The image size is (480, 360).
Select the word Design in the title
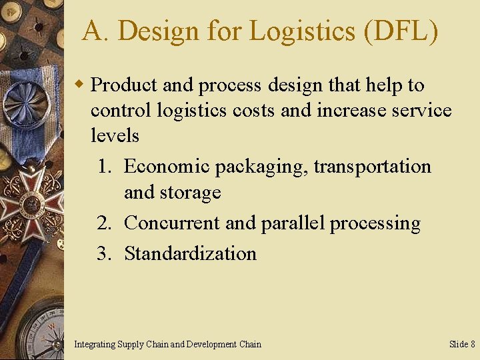tap(158, 31)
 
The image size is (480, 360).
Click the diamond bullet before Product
tap(79, 85)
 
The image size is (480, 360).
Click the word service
tap(418, 110)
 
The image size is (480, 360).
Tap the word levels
tap(115, 135)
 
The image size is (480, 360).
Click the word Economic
tap(167, 166)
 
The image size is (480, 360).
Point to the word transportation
tap(372, 166)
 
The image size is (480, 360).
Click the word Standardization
tap(190, 253)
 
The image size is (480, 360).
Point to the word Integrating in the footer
tap(95, 345)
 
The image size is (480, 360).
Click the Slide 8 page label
tap(462, 345)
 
